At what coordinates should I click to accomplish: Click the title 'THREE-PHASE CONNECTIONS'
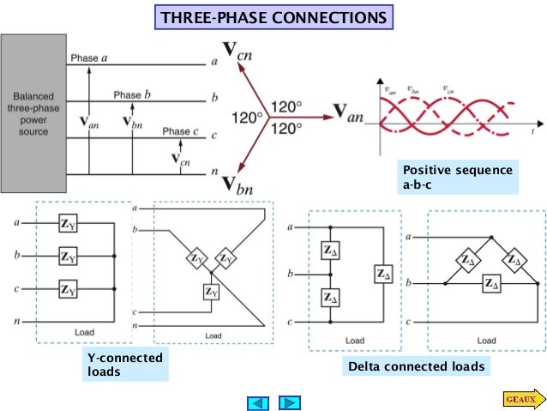click(273, 17)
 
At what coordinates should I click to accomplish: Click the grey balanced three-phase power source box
click(33, 113)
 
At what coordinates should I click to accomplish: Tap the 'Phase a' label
click(89, 57)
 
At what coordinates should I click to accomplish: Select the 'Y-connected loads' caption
click(124, 364)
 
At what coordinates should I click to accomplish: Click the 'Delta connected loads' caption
click(416, 366)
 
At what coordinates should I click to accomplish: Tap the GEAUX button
click(520, 398)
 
